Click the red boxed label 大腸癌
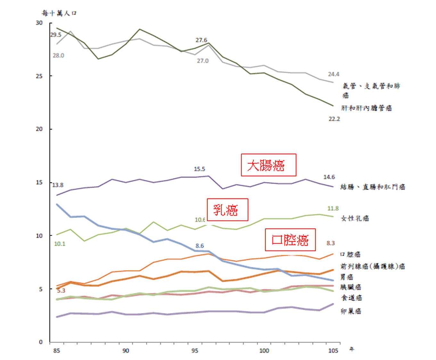268,165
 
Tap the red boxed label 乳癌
227,210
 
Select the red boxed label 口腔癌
290,240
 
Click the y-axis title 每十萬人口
59,13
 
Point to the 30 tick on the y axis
39,23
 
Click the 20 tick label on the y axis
39,129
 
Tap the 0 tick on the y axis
41,342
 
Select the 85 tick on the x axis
56,350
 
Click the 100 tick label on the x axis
264,350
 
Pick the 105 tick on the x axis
333,350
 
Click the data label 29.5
56,35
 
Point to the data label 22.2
334,119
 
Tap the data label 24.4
333,74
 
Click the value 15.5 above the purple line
199,169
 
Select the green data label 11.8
333,208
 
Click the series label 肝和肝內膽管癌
366,108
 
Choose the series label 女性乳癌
355,218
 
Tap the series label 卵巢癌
351,311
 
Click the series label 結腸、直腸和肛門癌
373,187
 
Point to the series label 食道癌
351,298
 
